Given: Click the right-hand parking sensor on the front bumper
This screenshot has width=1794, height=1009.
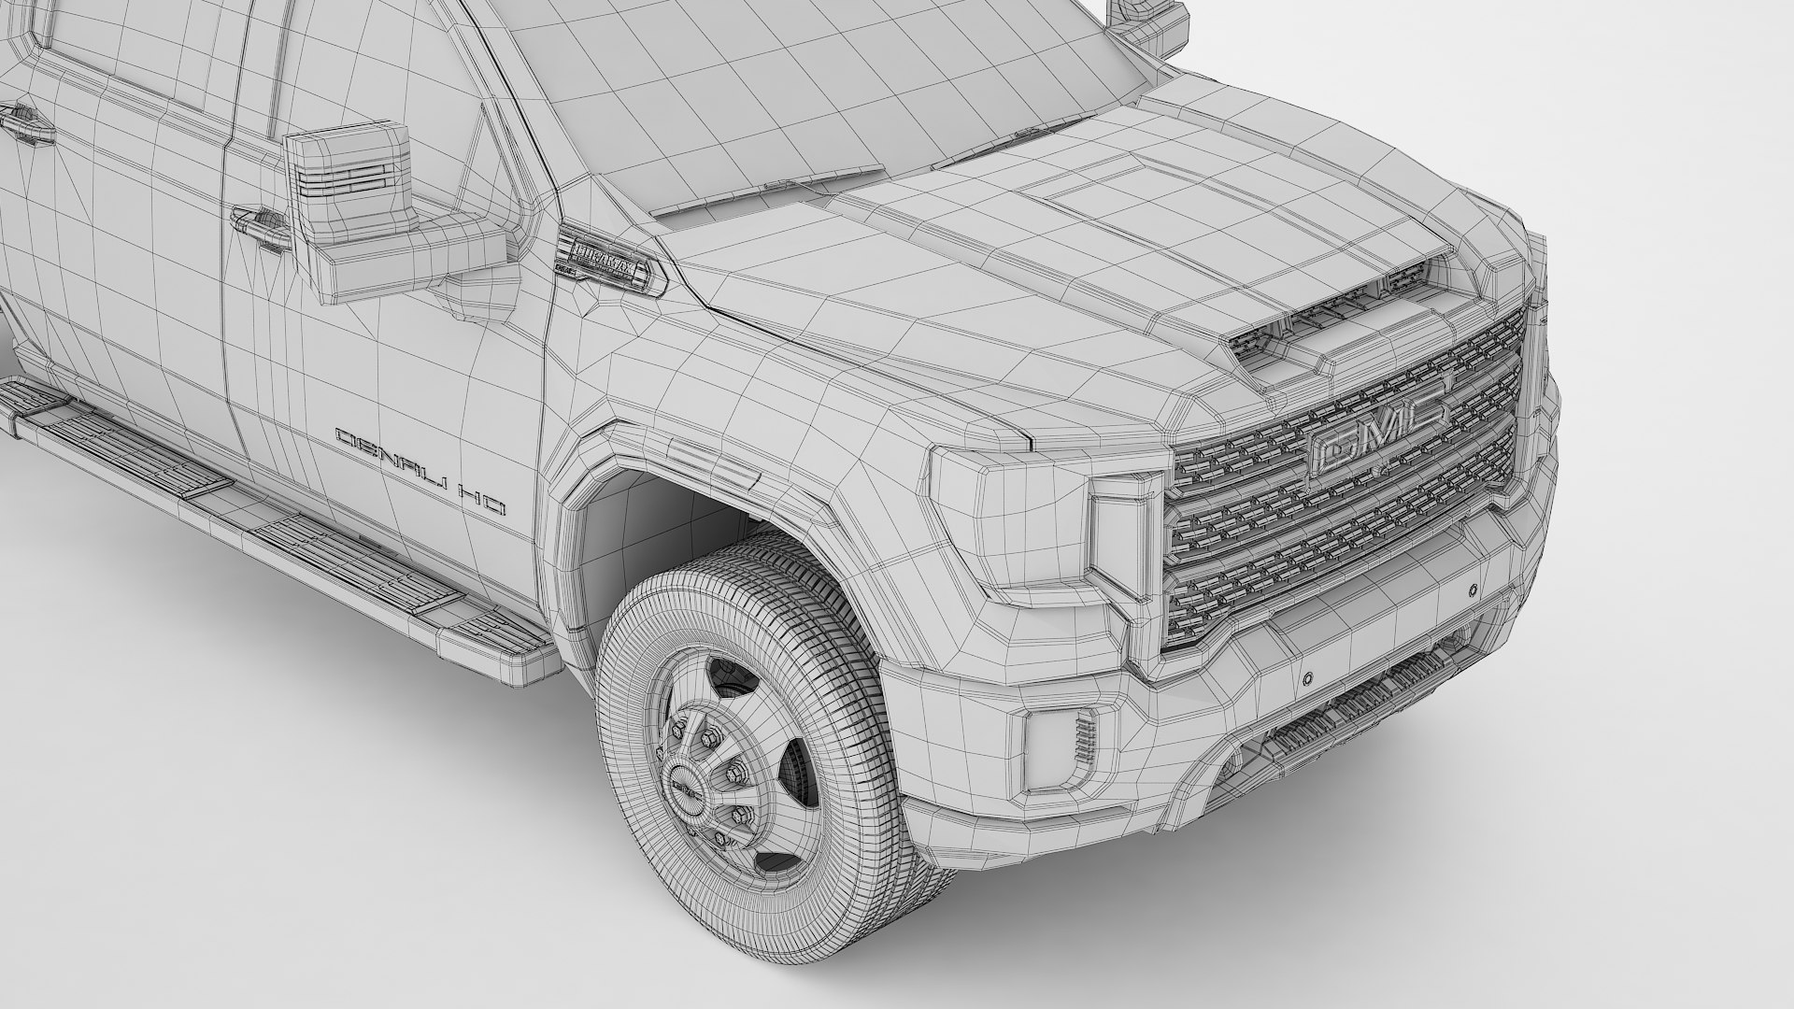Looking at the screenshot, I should (x=1472, y=590).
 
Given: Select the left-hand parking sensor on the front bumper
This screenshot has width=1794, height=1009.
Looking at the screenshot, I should (x=1307, y=675).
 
